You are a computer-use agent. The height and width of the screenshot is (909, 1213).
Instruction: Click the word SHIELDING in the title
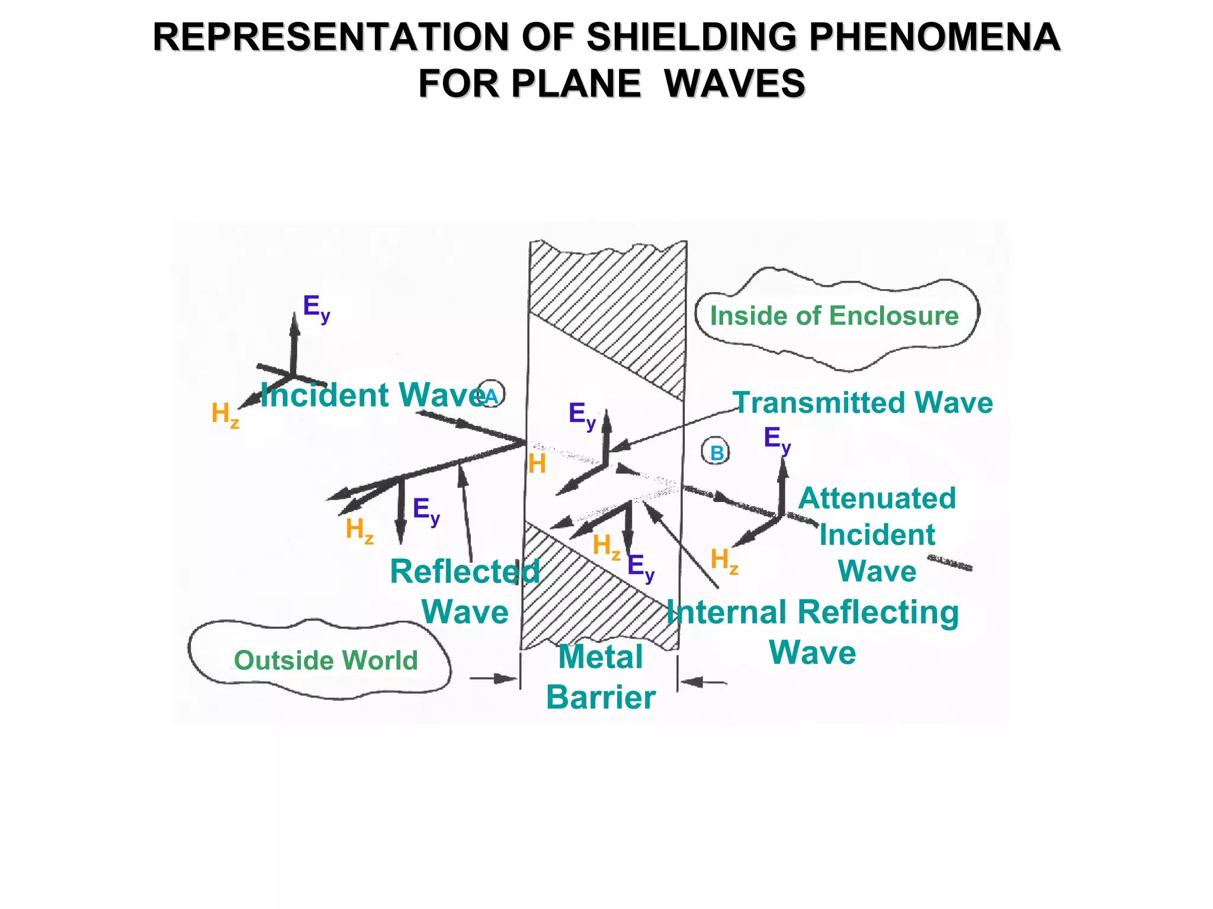click(691, 37)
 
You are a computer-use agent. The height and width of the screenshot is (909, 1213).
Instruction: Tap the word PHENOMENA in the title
click(934, 37)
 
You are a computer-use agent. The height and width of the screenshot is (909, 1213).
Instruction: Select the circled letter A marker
click(491, 395)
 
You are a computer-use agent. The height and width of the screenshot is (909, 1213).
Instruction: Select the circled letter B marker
click(716, 453)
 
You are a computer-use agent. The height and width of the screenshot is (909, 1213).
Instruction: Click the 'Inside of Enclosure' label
click(834, 316)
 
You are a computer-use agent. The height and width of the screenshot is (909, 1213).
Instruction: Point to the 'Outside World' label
click(326, 660)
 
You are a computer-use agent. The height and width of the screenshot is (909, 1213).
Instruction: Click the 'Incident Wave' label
click(372, 395)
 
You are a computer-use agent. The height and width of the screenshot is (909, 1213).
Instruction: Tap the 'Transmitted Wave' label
click(862, 403)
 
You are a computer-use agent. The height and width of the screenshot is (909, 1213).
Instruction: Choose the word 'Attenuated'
click(877, 498)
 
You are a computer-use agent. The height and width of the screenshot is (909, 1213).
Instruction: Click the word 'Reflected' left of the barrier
click(464, 572)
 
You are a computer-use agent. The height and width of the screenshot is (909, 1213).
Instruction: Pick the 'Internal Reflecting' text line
click(812, 612)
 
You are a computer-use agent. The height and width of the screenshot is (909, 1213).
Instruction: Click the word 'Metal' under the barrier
click(601, 657)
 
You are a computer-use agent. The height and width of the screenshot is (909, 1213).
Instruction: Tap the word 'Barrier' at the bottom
click(601, 697)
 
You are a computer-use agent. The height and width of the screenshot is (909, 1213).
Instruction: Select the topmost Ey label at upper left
click(316, 308)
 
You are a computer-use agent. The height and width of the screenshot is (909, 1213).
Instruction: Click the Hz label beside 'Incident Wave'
click(225, 414)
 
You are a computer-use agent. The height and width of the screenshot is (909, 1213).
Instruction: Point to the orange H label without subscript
click(537, 464)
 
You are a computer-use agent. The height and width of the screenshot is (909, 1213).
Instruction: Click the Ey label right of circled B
click(776, 439)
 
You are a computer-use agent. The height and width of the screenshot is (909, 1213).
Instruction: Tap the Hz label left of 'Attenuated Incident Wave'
click(724, 560)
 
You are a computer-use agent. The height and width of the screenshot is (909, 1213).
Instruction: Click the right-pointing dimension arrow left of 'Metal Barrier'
click(493, 678)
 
